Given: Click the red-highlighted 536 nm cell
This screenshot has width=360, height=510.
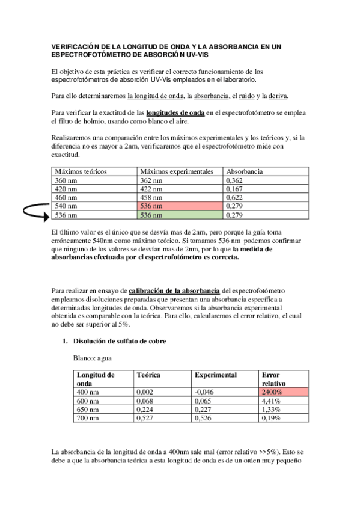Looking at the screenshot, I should point(180,206).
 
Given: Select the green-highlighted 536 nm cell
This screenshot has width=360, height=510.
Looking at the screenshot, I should point(180,215).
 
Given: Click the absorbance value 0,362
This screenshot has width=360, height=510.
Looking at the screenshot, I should point(235,180).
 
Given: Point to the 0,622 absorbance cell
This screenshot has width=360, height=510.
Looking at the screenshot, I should point(235,198).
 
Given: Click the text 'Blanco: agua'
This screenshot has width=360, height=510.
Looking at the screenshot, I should point(93,358).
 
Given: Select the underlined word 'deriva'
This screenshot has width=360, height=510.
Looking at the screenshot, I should point(278,96).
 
